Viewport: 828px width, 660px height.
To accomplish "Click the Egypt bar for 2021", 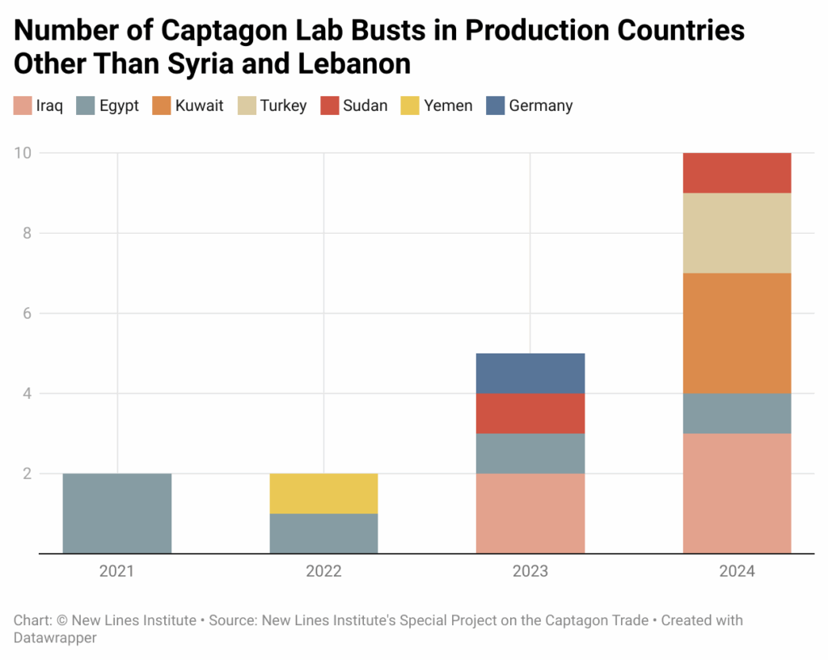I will click(x=117, y=514).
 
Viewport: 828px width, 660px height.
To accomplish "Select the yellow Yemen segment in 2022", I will click(x=323, y=493).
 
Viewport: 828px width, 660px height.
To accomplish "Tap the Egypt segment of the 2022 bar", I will click(x=323, y=534).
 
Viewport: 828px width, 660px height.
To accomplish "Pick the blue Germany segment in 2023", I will click(x=530, y=374).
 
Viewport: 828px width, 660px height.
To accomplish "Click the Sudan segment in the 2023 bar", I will click(x=530, y=413).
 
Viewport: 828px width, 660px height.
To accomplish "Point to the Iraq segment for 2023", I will click(x=530, y=514).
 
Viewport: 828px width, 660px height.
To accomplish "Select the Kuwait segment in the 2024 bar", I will click(x=737, y=333).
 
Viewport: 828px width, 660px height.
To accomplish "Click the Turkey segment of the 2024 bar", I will click(x=737, y=233).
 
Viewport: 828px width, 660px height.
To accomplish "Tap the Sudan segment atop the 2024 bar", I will click(x=737, y=173).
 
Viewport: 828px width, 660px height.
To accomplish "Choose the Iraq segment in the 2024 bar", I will click(x=737, y=493).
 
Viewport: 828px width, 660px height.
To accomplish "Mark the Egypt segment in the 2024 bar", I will click(x=737, y=413).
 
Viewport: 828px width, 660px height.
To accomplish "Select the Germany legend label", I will click(x=541, y=106).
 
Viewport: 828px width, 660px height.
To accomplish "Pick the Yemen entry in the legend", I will click(x=448, y=106).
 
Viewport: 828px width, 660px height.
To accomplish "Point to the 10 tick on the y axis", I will click(x=24, y=153).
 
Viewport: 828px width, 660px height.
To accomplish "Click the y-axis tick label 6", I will click(x=27, y=313).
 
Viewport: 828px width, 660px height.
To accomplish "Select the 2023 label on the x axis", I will click(x=530, y=572).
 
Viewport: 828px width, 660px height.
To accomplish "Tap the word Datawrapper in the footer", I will click(x=55, y=638).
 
